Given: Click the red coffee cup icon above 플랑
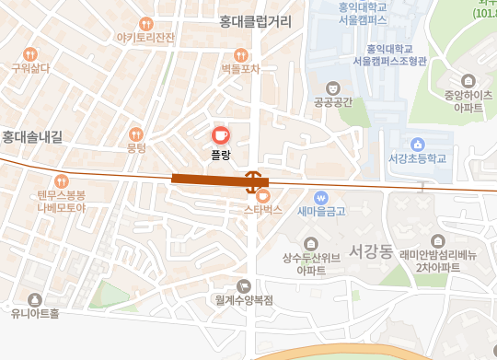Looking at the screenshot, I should [220, 134].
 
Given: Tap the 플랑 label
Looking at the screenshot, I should [220, 155].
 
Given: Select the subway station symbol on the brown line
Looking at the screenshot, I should [255, 178].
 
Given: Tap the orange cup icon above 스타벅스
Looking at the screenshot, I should [262, 195].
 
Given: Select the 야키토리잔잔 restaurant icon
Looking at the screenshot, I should [145, 23].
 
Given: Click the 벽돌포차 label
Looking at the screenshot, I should [241, 68].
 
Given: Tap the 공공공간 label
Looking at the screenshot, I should [333, 102].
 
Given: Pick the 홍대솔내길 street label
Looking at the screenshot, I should [32, 137].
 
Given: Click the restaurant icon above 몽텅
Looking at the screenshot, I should [136, 134].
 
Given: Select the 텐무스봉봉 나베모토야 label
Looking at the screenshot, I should [62, 201].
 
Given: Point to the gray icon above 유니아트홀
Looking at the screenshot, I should [35, 299].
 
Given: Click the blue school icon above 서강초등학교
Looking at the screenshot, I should [417, 144].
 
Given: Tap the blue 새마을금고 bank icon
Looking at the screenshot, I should [321, 197].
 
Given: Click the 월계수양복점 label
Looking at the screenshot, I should [244, 300].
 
